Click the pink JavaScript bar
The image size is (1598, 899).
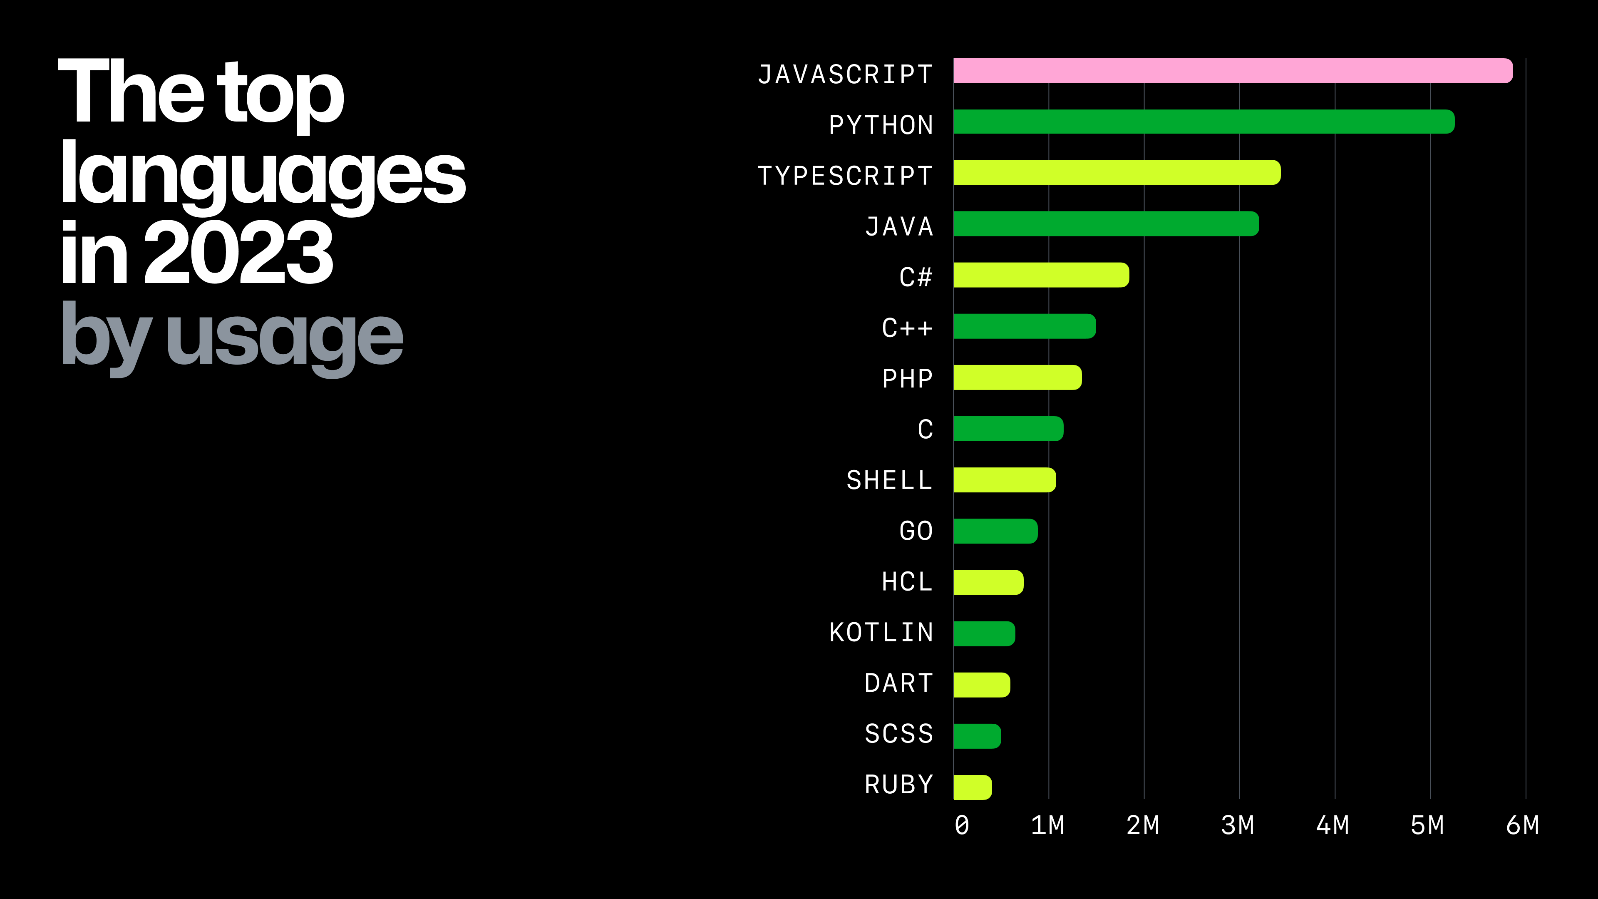pos(1233,71)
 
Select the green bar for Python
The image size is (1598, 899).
pos(1203,122)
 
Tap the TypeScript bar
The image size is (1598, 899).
pos(1117,172)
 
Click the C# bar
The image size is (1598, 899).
pos(1041,275)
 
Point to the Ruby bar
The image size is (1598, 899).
pos(972,787)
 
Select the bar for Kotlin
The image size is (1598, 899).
pos(984,633)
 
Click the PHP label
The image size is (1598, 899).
pos(908,378)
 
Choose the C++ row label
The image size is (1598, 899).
pos(908,328)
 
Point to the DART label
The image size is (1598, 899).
pos(899,683)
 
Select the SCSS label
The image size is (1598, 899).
pos(899,734)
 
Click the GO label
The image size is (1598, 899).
pos(916,531)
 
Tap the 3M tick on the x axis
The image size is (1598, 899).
pos(1238,826)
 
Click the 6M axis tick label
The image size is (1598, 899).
pos(1522,826)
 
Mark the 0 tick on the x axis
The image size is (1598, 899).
pos(962,826)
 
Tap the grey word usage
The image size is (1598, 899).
pos(284,337)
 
